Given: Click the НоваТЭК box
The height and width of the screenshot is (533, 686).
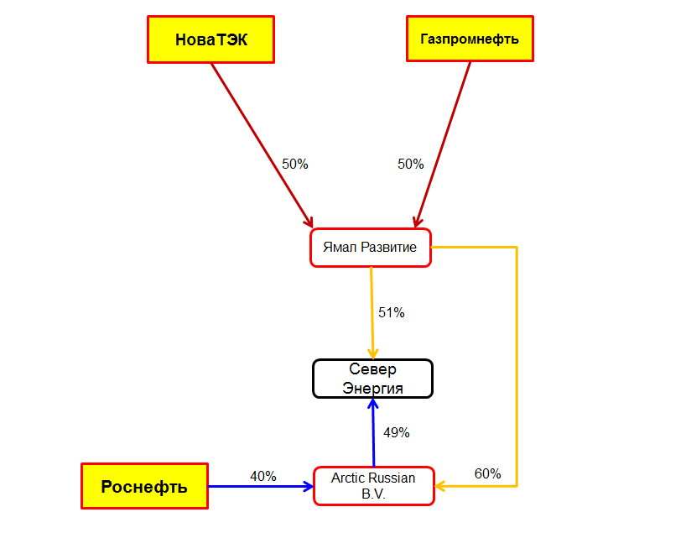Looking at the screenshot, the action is point(210,39).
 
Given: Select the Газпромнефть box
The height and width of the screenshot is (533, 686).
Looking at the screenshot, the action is point(470,39).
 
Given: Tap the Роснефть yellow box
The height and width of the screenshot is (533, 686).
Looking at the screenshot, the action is point(144,486).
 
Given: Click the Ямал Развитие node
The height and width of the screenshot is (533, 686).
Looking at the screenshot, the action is point(371,248).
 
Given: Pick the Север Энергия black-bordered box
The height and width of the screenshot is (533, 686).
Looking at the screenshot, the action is point(372,379).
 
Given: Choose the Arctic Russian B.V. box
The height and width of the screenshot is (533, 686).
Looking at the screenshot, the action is point(374,486).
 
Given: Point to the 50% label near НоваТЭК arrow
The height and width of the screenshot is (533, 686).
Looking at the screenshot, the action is point(295,165).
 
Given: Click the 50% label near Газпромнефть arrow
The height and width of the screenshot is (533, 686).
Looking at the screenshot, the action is point(410,165).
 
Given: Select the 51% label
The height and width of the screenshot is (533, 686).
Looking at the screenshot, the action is point(391,313).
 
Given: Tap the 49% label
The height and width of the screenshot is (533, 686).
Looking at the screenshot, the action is point(397,433).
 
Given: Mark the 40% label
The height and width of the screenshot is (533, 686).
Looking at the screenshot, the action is point(263,476).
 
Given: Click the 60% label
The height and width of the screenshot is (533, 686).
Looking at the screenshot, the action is point(488,473).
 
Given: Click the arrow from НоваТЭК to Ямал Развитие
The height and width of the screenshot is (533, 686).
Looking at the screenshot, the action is point(262,145).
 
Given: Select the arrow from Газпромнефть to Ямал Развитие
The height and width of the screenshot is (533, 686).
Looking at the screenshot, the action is point(443,144).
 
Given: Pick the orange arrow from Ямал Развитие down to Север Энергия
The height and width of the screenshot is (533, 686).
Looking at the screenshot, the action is point(372,313).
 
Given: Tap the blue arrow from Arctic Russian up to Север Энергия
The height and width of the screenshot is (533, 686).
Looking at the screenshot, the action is point(373,433).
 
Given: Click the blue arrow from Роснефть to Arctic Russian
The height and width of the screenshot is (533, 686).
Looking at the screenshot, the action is point(261,486).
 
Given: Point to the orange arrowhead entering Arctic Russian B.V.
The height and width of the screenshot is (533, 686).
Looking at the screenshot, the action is point(440,486).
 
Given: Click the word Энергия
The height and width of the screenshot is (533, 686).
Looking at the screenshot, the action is point(372,389).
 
